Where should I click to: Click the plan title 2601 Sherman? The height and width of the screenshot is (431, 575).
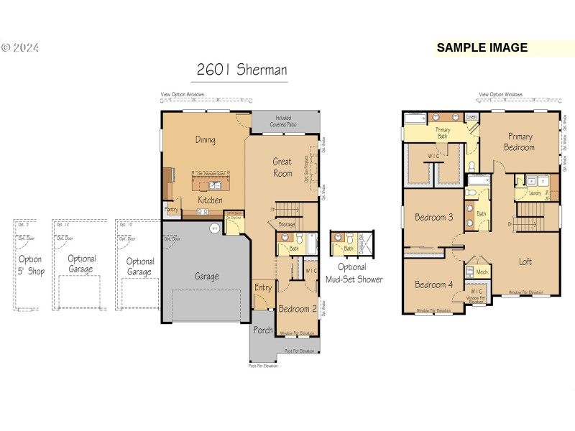tap(242, 70)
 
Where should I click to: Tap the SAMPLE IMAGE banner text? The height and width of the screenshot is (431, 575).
tap(482, 48)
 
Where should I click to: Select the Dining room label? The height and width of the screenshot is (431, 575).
tap(206, 140)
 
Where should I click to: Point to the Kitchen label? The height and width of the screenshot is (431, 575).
tap(209, 200)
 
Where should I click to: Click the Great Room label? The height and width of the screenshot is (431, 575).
tap(282, 167)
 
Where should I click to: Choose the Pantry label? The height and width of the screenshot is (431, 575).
tap(172, 210)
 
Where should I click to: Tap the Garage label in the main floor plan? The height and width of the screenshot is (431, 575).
tap(207, 276)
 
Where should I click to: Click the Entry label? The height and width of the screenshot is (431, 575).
tap(263, 287)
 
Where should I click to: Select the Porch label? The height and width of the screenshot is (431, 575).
tap(263, 331)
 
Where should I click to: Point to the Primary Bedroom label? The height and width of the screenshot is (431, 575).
tap(520, 142)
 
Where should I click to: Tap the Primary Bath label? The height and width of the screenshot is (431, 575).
tap(443, 132)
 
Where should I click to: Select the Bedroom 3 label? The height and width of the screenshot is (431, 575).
tap(434, 217)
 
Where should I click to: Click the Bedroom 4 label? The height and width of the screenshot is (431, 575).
tap(434, 284)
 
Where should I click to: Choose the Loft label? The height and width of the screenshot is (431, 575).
tap(525, 261)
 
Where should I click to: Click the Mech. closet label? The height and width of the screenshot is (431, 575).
tap(482, 272)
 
